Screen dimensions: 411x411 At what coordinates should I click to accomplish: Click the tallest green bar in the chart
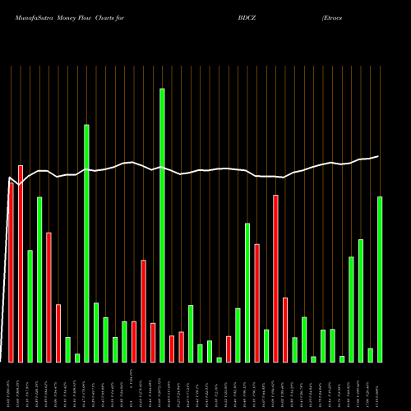(162, 225)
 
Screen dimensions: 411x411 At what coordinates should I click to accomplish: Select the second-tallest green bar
(86, 243)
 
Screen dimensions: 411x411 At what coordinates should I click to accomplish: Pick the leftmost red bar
(12, 271)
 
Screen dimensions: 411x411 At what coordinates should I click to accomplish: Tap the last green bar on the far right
(380, 279)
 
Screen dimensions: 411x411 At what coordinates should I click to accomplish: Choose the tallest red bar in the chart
(21, 264)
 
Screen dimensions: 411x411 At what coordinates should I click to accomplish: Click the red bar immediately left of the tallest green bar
(153, 343)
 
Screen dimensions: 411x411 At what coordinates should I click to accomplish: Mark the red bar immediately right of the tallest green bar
(172, 349)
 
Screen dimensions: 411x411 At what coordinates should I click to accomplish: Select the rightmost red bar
(285, 330)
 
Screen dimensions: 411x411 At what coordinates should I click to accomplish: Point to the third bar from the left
(30, 306)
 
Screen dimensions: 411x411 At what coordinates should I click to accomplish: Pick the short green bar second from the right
(370, 355)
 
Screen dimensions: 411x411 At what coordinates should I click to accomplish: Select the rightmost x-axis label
(380, 386)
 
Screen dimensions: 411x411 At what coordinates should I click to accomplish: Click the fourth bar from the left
(39, 279)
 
